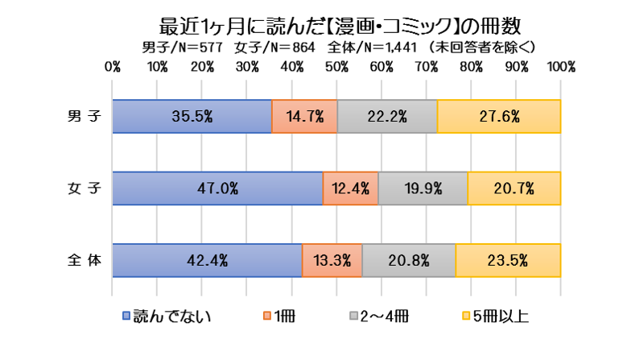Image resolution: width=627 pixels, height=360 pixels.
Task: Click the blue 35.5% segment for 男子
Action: click(192, 116)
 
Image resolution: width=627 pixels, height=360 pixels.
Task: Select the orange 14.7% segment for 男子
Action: click(304, 116)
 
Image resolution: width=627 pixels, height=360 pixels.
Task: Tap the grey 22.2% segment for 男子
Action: click(387, 116)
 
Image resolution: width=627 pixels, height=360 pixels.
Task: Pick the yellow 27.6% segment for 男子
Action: click(499, 116)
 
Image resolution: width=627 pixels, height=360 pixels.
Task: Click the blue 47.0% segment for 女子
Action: click(217, 188)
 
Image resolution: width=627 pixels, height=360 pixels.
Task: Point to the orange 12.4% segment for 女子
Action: click(350, 188)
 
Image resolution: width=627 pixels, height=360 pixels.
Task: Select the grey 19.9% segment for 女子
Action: click(423, 188)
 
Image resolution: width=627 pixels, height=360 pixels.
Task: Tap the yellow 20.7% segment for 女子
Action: click(514, 188)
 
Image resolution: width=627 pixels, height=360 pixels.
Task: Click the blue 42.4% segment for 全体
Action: click(207, 260)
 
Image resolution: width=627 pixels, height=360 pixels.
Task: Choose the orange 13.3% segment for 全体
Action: click(332, 260)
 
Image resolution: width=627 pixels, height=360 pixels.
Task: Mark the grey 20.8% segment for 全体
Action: click(409, 260)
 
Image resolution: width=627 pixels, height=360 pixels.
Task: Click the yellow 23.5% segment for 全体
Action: click(508, 260)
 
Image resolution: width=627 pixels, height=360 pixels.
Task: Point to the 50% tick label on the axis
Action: click(336, 67)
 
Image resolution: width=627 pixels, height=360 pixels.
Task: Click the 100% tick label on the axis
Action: click(560, 67)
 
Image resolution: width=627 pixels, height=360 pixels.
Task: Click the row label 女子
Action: click(85, 188)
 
